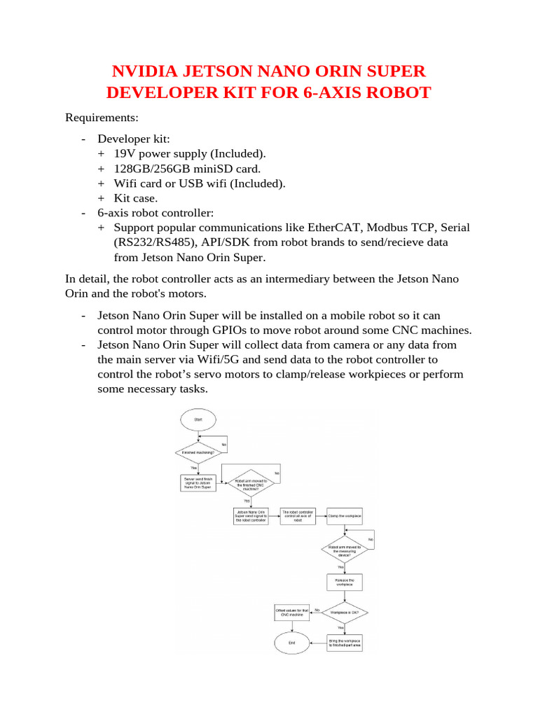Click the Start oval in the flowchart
pyautogui.click(x=198, y=420)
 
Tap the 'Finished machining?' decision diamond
pyautogui.click(x=198, y=452)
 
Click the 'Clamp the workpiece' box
pyautogui.click(x=345, y=516)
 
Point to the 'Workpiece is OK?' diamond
pyautogui.click(x=345, y=612)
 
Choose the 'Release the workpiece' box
pyautogui.click(x=345, y=581)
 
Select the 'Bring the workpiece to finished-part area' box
pyautogui.click(x=345, y=641)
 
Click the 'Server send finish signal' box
pyautogui.click(x=198, y=483)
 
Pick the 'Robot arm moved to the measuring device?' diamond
pyautogui.click(x=345, y=550)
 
